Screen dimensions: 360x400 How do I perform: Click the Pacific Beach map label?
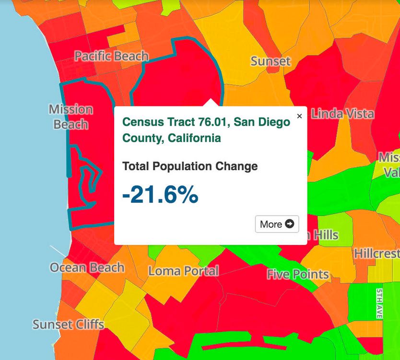point(111,56)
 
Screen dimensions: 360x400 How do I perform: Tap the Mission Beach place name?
point(71,117)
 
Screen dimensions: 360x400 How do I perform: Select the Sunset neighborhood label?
point(271,61)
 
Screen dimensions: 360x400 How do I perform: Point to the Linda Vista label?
point(342,114)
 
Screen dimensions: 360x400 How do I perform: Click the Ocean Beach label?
point(87,267)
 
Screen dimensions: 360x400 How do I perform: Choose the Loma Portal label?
point(183,271)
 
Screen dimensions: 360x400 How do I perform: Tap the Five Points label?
point(298,274)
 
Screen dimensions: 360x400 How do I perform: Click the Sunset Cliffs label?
point(68,325)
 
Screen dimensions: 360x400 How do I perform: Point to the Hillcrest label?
point(377,253)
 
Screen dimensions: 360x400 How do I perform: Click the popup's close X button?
point(299,116)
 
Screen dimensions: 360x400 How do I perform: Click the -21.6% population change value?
point(160,195)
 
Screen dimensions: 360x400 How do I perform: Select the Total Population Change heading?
point(190,166)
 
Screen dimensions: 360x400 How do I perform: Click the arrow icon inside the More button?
point(289,224)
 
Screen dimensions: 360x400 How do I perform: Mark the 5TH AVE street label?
point(379,303)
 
